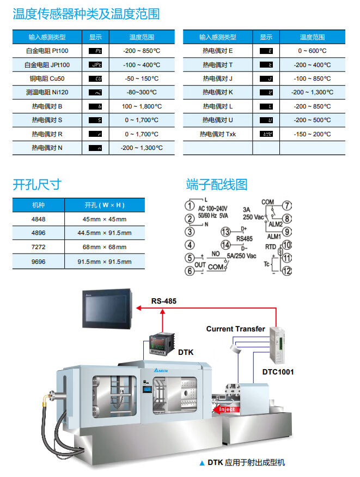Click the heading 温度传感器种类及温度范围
[x=86, y=14]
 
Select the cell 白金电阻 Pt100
[x=47, y=51]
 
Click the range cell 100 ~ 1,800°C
[x=142, y=106]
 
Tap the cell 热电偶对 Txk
[x=217, y=134]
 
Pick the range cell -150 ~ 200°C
[x=312, y=134]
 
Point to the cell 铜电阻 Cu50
[x=47, y=79]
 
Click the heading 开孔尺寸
[x=36, y=185]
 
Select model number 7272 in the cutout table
[x=39, y=247]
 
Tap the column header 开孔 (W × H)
[x=105, y=206]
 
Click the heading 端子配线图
[x=216, y=185]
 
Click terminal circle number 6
[x=189, y=271]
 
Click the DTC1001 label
[x=278, y=372]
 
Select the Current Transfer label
[x=235, y=329]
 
